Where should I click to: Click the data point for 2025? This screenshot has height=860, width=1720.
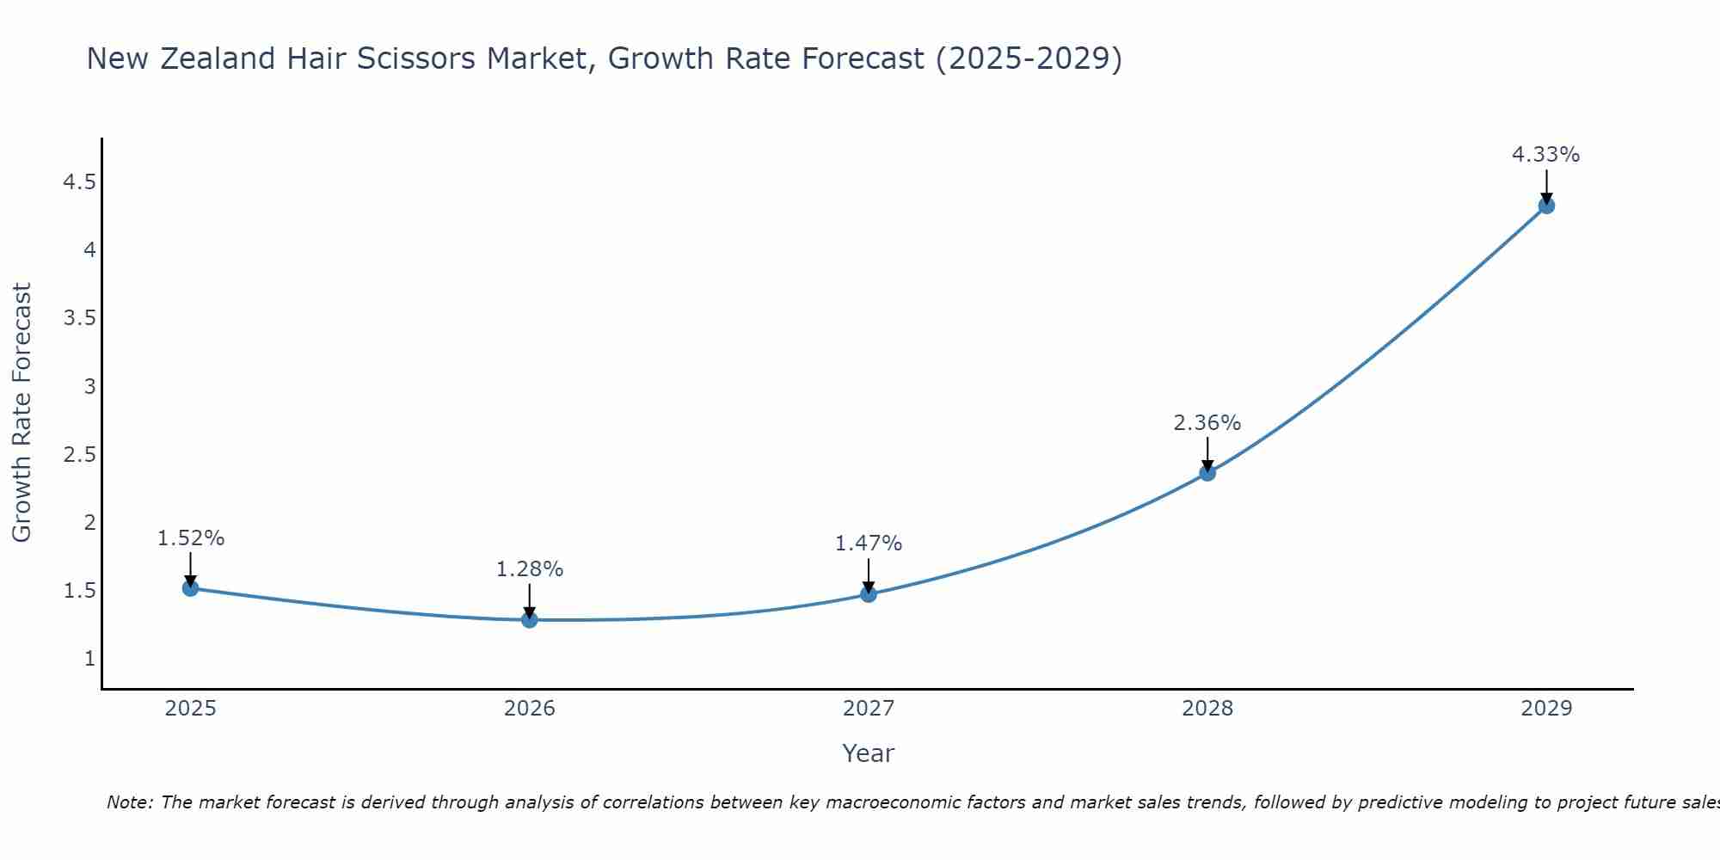click(191, 588)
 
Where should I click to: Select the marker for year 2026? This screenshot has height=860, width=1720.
click(530, 619)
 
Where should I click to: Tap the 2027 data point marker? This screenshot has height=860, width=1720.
click(869, 594)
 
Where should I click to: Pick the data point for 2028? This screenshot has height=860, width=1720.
click(1207, 472)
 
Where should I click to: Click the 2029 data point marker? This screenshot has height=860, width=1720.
click(1546, 206)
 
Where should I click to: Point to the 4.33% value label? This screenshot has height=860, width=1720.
click(1545, 155)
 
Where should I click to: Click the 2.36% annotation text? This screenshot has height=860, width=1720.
click(1207, 423)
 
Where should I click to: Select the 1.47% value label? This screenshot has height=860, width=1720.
click(868, 544)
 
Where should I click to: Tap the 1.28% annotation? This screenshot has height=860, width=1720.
click(529, 569)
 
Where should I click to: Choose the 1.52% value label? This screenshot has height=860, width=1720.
click(190, 538)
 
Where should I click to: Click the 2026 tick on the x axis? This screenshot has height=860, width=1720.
click(530, 709)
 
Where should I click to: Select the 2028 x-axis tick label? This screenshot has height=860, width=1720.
click(1207, 709)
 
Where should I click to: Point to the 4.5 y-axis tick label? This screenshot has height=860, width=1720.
click(79, 182)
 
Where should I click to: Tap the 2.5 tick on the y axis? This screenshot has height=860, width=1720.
click(79, 455)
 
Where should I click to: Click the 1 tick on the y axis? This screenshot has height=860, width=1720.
click(89, 659)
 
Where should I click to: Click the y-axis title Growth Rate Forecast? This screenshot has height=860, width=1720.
click(21, 413)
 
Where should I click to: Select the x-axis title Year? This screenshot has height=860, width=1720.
click(868, 753)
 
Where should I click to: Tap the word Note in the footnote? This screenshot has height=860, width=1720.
click(129, 802)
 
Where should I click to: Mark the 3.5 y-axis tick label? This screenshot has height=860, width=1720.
click(79, 318)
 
